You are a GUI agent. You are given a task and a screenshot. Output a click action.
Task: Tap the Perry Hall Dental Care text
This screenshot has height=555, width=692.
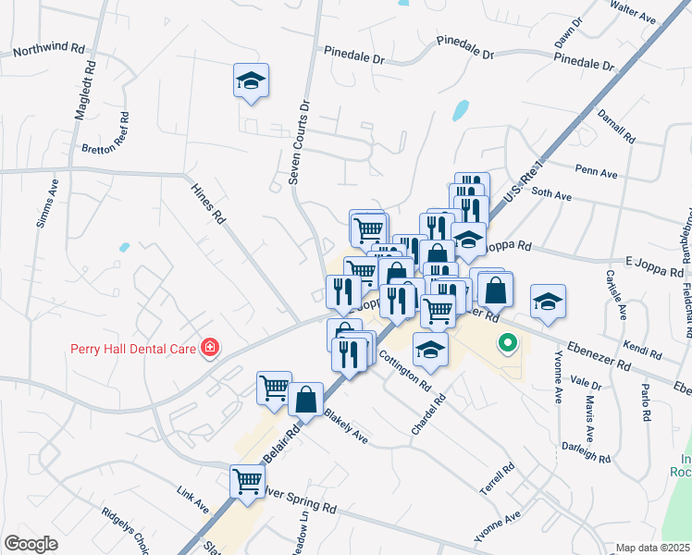133,349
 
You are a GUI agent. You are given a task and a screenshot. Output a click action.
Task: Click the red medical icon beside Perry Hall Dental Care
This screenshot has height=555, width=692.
211,348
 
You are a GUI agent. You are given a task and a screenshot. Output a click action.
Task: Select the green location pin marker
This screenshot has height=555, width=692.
507,345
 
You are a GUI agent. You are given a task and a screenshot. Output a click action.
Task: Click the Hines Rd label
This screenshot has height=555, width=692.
208,203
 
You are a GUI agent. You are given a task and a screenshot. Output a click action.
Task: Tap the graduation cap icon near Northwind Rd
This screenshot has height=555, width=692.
251,81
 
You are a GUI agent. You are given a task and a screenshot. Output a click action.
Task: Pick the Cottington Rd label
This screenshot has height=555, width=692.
404,371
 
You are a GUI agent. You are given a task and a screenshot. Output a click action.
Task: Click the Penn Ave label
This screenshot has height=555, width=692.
596,171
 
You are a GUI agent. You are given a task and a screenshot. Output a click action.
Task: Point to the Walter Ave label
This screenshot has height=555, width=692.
633,13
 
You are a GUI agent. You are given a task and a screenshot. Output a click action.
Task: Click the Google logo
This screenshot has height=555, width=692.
31,543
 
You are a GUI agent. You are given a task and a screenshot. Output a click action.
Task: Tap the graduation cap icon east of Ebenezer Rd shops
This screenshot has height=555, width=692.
548,303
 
